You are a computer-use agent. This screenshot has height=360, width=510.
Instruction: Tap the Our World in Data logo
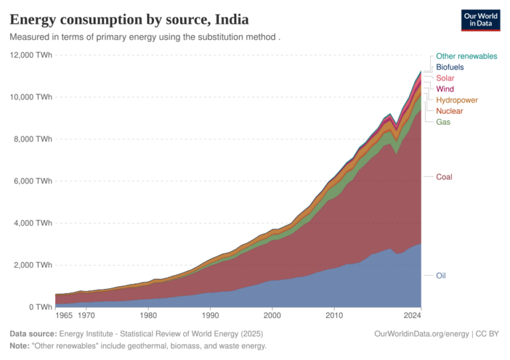pos(480,21)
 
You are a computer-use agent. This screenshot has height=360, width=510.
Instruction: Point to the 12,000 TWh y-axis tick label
pos(31,55)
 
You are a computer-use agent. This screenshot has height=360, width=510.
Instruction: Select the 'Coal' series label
pos(444,177)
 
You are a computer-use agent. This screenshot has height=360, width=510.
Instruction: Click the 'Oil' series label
pos(440,275)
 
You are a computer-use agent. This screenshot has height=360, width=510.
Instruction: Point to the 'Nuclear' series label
pos(449,111)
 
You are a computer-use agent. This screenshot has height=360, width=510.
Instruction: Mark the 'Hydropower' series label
pos(457,100)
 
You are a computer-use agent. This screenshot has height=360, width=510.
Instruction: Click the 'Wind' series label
pos(444,88)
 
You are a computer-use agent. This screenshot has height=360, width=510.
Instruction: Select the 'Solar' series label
pos(445,78)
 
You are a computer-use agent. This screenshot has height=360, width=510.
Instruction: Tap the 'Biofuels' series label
pos(450,67)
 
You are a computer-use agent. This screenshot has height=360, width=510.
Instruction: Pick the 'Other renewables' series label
pos(466,56)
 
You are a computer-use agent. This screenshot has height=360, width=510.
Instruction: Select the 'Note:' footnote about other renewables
pos(137,346)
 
